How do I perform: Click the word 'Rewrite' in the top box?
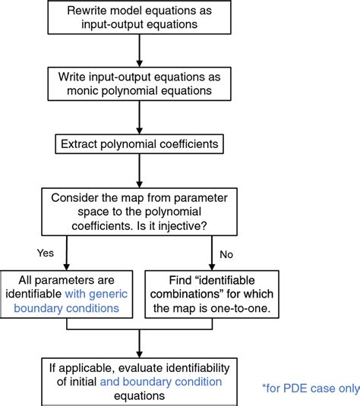click(90, 11)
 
